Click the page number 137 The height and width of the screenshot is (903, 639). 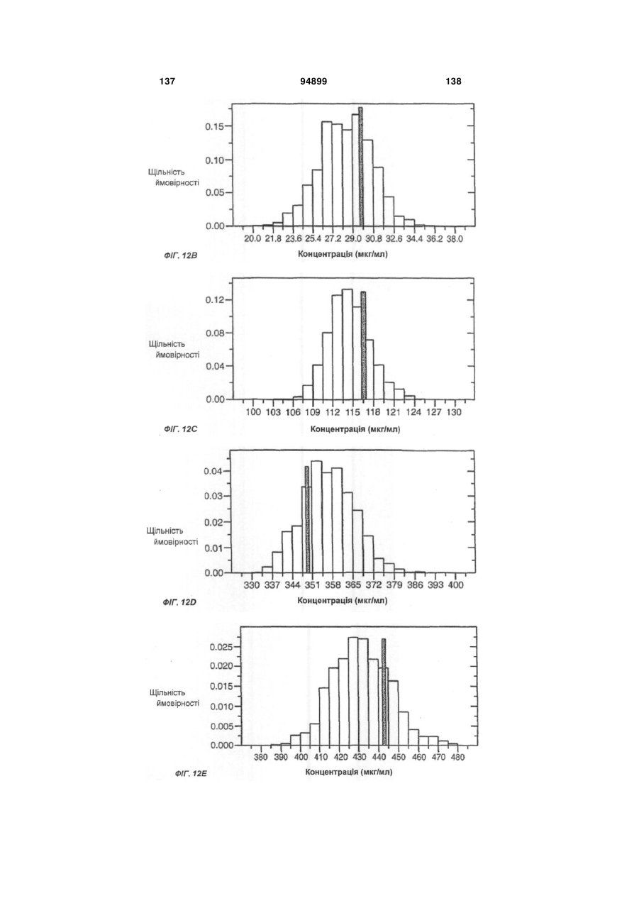(167, 82)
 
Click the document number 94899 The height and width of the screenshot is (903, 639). (313, 82)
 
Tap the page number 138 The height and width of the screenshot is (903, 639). (454, 82)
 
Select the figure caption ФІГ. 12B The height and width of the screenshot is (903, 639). (181, 255)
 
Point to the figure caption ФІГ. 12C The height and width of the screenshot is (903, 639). (181, 429)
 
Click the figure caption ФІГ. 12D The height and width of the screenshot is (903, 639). (179, 603)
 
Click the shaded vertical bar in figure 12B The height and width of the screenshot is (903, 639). (360, 167)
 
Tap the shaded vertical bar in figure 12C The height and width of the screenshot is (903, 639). (363, 345)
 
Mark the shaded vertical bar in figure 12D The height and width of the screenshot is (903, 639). (307, 520)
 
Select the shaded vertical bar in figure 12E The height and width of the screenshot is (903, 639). (384, 692)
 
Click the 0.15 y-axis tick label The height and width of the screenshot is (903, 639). (214, 126)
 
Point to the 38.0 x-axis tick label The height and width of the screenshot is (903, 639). (455, 239)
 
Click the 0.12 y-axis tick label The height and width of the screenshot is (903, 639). (214, 300)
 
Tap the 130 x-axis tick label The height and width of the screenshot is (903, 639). (455, 412)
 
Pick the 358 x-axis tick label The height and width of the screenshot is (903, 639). (333, 585)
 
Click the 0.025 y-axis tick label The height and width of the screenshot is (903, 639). (221, 647)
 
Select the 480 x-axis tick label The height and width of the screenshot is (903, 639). (457, 758)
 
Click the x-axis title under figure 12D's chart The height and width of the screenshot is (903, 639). (343, 601)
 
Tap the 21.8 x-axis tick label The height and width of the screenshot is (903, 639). (273, 239)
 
